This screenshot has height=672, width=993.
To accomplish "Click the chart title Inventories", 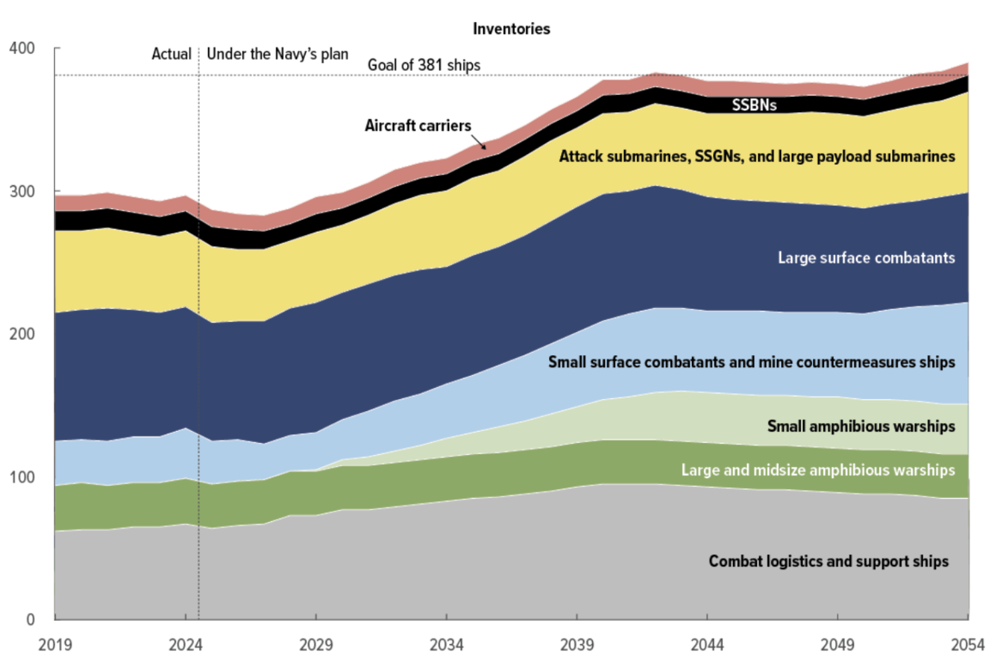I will point(511,29).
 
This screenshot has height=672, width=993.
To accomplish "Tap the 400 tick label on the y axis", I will point(22,48).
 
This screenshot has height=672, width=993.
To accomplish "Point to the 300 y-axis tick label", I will point(22,191).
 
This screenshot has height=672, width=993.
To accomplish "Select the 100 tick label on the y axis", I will point(22,477).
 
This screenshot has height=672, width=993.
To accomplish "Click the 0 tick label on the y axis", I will point(31,620).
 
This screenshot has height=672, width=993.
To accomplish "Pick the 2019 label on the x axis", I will point(55,645).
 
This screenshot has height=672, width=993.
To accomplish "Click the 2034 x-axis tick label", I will point(446,645).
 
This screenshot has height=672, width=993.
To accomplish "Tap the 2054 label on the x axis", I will point(967,645).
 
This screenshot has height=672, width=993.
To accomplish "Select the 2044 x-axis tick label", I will point(707,645).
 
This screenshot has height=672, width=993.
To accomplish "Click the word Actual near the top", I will point(171,54).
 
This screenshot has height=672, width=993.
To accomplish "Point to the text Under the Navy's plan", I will point(277,54).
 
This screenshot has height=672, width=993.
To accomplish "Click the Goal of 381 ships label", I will point(424,65).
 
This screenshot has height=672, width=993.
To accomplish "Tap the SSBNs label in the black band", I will point(754,105).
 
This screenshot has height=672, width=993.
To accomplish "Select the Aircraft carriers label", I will point(417,126).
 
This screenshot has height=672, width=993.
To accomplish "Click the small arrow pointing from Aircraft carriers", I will point(479,141).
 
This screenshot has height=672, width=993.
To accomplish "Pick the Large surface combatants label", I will point(866,258).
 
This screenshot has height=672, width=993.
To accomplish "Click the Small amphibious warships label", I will point(861,426).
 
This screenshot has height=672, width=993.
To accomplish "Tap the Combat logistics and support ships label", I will point(828,561).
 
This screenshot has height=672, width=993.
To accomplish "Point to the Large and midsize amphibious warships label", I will point(818,470).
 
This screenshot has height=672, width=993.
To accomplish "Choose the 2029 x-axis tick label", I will point(316,645).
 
